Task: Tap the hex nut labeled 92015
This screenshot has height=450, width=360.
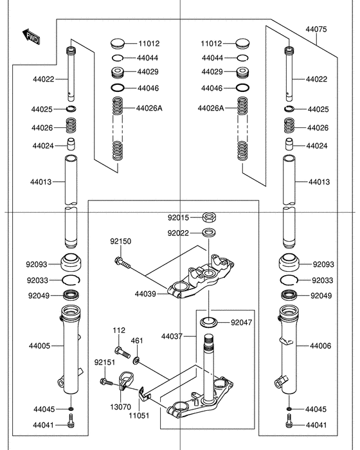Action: pyautogui.click(x=210, y=217)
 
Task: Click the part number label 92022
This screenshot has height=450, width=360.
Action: pyautogui.click(x=179, y=233)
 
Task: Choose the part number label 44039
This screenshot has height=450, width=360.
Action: pyautogui.click(x=146, y=294)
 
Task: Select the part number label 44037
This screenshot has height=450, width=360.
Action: pyautogui.click(x=172, y=336)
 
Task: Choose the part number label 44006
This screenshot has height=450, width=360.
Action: pyautogui.click(x=320, y=346)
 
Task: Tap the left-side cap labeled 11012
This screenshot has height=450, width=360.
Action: pyautogui.click(x=117, y=44)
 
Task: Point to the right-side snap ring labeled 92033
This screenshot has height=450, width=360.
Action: pyautogui.click(x=290, y=280)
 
